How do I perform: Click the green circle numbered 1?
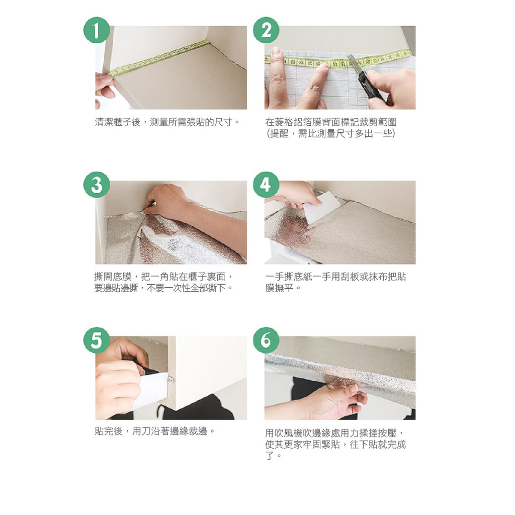point(96,30)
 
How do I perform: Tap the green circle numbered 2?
point(266,30)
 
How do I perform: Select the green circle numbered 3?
point(96,185)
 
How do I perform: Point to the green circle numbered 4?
point(266,185)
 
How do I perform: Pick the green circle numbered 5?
point(96,340)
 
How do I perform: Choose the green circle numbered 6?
point(266,340)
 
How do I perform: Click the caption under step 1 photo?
point(167,122)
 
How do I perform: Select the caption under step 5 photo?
point(155,431)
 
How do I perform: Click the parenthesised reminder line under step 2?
point(331,133)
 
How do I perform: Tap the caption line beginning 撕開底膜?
point(163,277)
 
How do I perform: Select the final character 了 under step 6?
point(270,456)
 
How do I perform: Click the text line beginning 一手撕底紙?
point(335,277)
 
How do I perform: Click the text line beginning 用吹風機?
point(334,433)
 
